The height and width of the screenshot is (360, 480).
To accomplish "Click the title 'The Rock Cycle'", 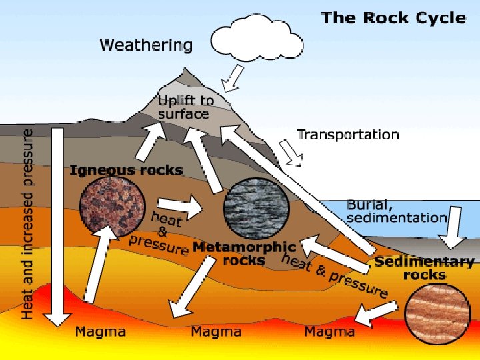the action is coord(393,18).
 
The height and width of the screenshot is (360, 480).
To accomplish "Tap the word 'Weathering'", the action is coord(146,45).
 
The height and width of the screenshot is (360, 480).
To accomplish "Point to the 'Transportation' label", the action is coord(347,135).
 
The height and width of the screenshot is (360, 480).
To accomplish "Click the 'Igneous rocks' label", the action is coord(126,170).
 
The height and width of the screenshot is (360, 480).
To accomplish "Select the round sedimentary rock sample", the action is coord(436,313).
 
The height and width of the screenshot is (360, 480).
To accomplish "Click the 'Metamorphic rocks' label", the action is coord(243,253).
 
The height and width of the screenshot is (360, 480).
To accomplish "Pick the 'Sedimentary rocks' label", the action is coord(425,268).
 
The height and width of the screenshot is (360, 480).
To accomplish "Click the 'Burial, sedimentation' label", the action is coord(396,211).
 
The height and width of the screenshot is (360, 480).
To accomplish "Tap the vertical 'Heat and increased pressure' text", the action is coord(27,223).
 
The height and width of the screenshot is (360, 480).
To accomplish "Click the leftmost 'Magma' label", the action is coord(97,331).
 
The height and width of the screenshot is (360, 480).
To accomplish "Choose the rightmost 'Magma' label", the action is coord(329,331).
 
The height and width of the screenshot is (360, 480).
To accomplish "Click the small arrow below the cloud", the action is coord(232,81).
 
